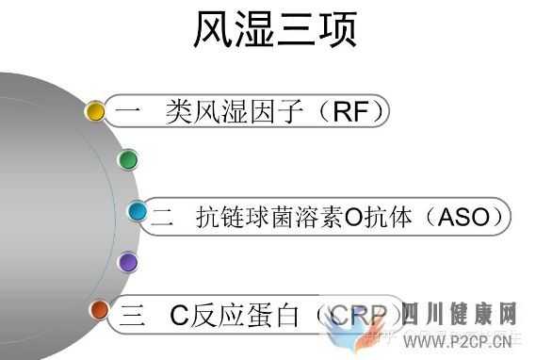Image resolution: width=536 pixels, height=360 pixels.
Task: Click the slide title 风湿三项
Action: click(275, 31)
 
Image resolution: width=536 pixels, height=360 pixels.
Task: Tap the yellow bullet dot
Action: click(95, 111)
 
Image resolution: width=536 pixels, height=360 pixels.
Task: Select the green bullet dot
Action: click(128, 159)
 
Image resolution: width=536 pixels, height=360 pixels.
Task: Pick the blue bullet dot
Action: click(138, 211)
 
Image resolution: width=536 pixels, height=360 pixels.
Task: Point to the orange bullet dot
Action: click(99, 309)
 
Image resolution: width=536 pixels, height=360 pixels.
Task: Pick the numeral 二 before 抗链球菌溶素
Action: click(162, 218)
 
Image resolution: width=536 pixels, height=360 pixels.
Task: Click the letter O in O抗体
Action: click(353, 218)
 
